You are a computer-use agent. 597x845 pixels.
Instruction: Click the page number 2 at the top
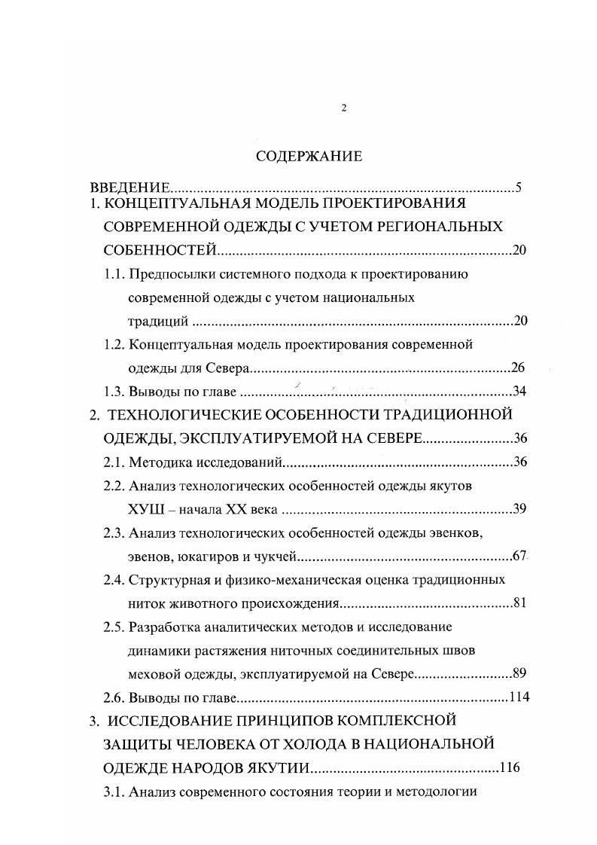coord(344,108)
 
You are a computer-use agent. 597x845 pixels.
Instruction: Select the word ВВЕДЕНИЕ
coord(129,188)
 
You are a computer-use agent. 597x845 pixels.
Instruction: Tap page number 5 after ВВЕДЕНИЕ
coord(518,188)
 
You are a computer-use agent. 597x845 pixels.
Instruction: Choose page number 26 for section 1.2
coord(516,368)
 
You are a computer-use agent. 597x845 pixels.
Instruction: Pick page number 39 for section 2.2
coord(519,509)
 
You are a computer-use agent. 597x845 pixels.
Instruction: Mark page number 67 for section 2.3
coord(518,557)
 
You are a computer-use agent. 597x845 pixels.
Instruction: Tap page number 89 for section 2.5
coord(519,673)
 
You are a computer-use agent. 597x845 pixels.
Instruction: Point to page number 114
coord(519,697)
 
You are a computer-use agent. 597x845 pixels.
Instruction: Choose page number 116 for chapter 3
coord(510,768)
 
